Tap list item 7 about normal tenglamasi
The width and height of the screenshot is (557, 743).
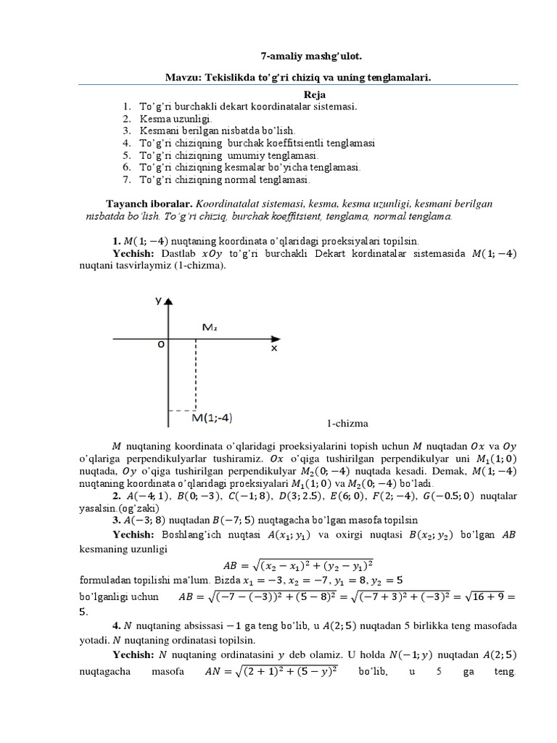click(x=224, y=179)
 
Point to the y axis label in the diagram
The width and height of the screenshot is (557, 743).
click(x=157, y=300)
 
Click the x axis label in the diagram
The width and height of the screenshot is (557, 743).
click(x=274, y=348)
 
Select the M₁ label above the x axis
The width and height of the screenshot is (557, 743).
click(x=209, y=327)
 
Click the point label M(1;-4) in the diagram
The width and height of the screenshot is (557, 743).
click(x=212, y=417)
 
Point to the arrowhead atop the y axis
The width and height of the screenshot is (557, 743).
click(x=169, y=300)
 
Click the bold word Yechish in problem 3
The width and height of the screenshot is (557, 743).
click(x=134, y=534)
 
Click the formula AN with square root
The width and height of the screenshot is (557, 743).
click(x=272, y=672)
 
